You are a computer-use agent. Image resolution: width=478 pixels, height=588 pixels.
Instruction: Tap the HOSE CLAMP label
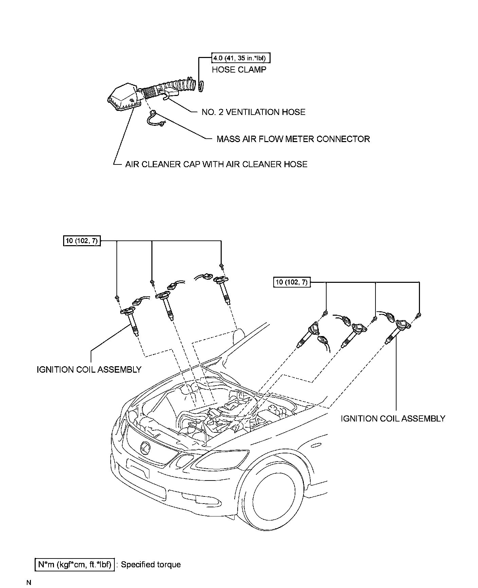coord(239,70)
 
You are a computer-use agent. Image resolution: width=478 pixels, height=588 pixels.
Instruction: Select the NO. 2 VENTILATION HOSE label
coord(253,112)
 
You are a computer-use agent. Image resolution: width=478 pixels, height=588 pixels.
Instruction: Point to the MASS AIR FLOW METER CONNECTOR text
coord(293,139)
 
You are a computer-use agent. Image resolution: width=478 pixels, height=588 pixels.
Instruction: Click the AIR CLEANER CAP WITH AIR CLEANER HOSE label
coord(216,164)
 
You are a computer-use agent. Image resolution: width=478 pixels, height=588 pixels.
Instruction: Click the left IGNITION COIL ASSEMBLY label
coord(89,370)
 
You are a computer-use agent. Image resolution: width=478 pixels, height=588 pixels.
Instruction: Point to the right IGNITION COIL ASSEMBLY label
coord(393,419)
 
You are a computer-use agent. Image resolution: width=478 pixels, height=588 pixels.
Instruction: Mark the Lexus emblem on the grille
coord(145,448)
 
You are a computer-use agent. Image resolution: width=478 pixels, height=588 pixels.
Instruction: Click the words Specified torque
coord(151,565)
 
